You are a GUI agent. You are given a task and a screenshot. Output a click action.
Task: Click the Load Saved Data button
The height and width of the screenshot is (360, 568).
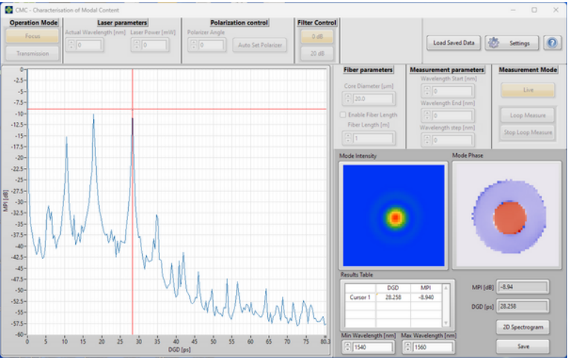click(x=454, y=43)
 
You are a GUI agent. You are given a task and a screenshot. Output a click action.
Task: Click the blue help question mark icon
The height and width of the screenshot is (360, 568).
click(x=552, y=43)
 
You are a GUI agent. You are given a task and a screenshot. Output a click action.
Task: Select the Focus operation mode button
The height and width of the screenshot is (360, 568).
click(x=33, y=36)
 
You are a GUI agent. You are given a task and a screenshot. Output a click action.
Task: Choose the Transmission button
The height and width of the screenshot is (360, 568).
click(x=33, y=54)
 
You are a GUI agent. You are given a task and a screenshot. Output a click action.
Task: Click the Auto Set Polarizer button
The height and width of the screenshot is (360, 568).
click(x=261, y=45)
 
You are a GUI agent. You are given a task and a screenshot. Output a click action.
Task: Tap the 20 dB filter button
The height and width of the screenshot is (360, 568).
click(x=316, y=54)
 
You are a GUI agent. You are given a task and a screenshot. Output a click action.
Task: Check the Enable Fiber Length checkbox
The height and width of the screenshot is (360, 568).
click(x=343, y=115)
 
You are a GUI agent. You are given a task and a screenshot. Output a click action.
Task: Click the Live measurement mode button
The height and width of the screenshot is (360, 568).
click(x=527, y=90)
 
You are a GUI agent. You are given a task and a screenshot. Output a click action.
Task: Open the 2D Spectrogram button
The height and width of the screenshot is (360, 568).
click(x=522, y=327)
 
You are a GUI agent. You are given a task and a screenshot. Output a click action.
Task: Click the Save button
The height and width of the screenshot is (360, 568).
click(x=522, y=347)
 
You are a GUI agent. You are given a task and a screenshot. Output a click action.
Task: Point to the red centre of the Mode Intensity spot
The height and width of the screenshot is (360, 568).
click(x=396, y=217)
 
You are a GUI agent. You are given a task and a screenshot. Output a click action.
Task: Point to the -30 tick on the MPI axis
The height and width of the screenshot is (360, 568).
click(x=20, y=202)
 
